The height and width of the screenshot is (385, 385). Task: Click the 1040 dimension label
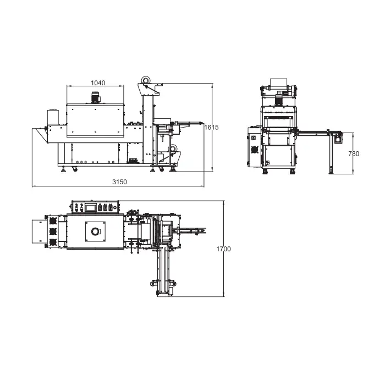98,83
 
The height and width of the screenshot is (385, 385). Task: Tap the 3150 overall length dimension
119,182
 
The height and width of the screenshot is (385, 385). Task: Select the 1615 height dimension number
211,127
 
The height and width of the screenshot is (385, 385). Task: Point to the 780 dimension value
354,153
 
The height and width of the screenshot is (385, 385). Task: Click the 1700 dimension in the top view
223,249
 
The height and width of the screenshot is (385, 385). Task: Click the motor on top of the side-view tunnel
95,97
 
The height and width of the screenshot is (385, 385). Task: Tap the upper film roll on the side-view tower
146,80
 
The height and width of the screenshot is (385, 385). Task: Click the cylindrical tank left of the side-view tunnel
53,117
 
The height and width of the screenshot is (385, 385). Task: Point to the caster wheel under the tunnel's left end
74,169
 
